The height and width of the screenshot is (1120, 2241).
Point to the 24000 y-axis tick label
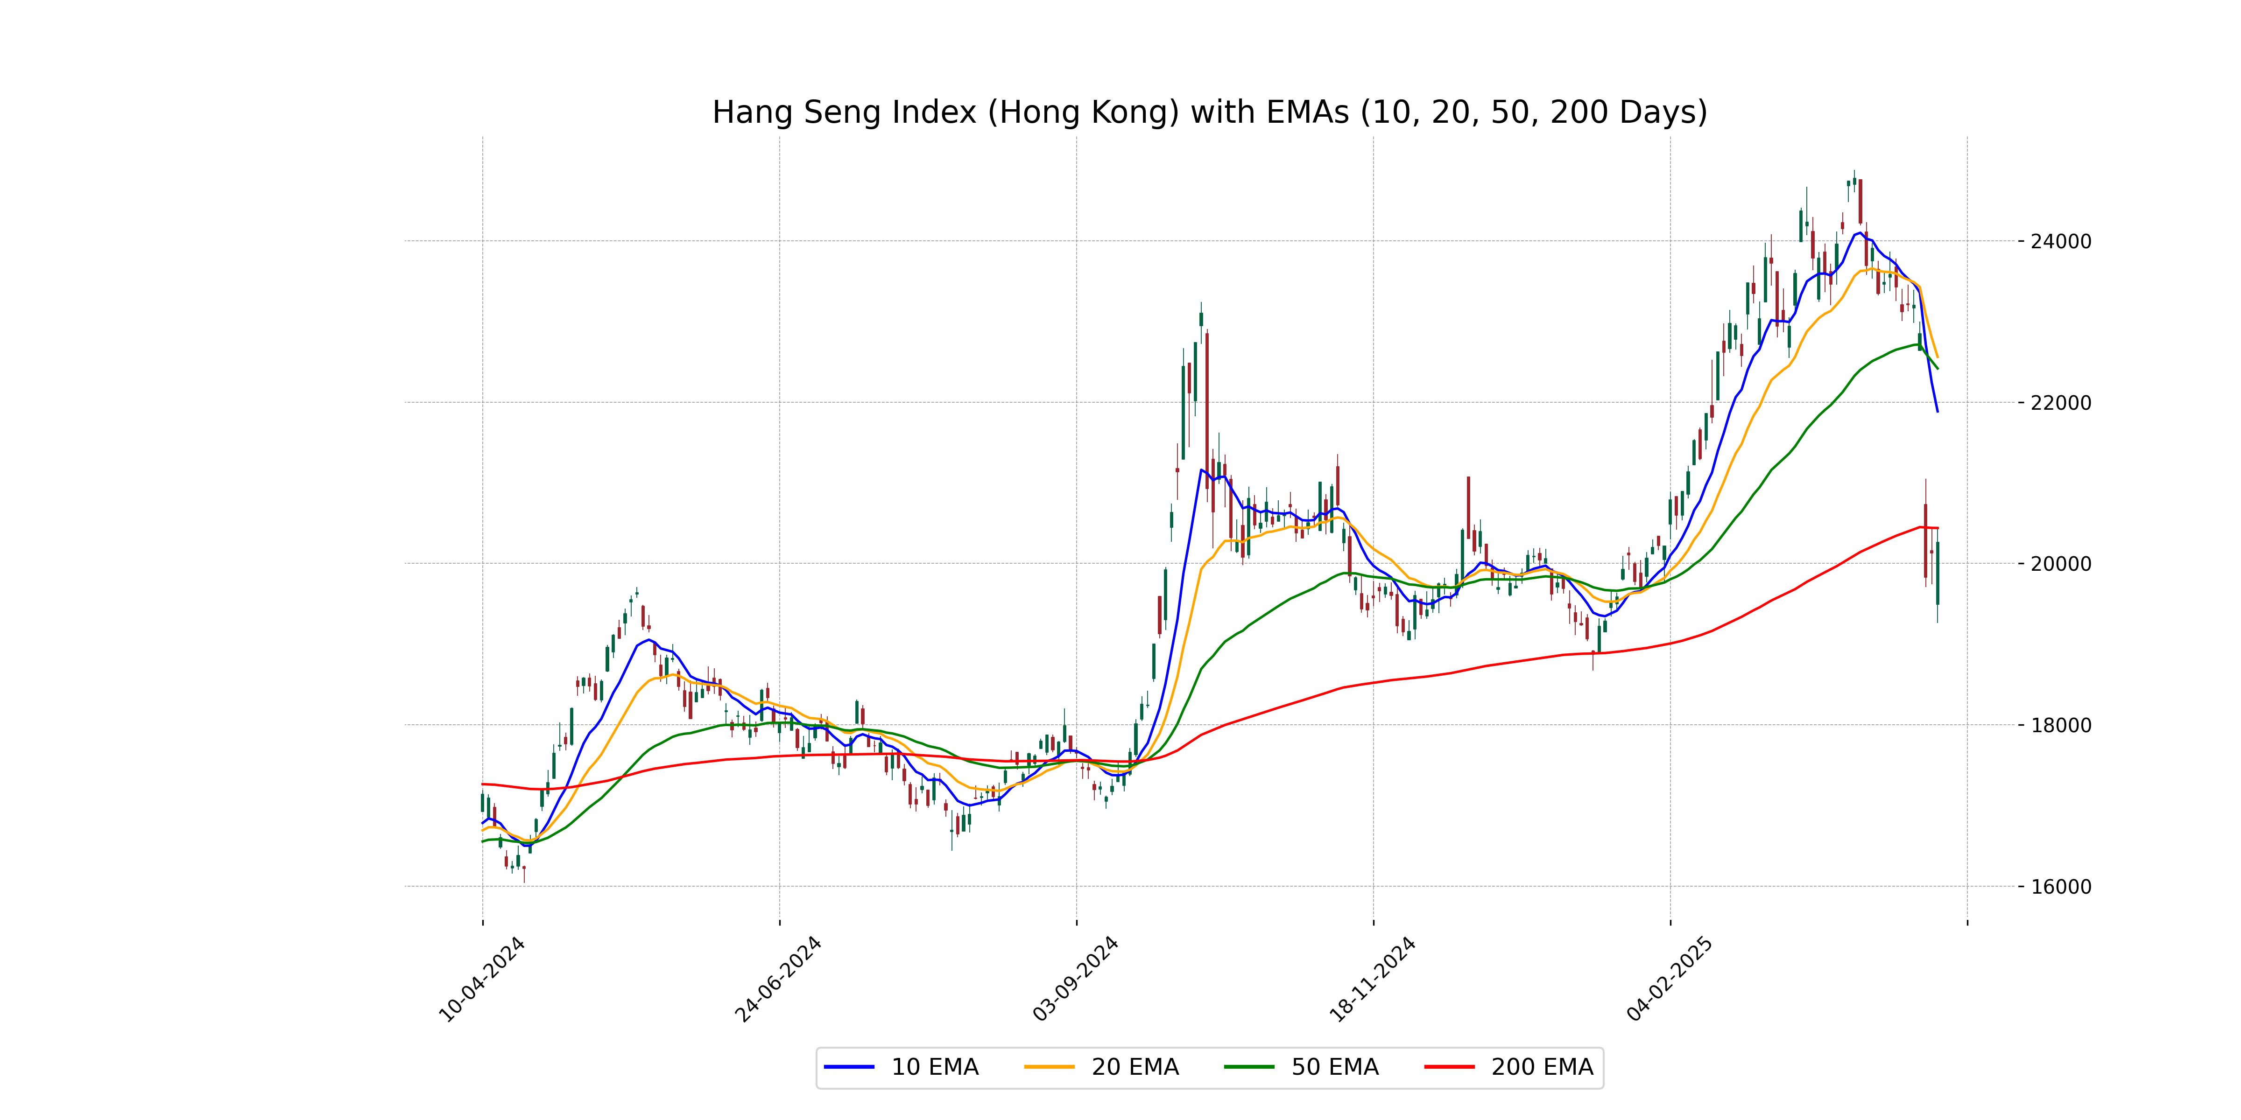click(2060, 242)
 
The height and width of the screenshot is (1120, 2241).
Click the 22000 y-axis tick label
click(2060, 403)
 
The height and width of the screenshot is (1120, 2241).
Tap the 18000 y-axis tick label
click(2060, 725)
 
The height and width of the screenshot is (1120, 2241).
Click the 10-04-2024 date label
click(481, 979)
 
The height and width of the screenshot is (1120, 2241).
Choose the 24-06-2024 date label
click(778, 979)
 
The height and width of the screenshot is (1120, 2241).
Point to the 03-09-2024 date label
click(1075, 979)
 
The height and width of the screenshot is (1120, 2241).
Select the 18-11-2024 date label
click(1372, 979)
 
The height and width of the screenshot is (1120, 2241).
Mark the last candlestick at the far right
click(1938, 574)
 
